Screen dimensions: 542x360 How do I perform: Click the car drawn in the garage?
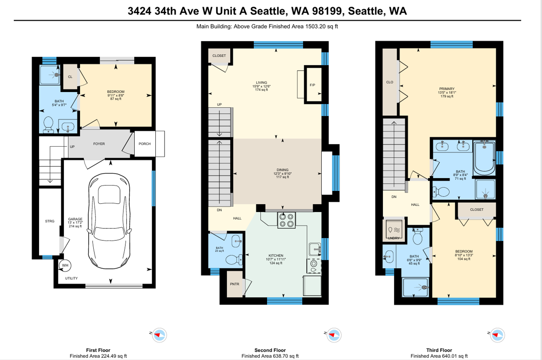pyautogui.click(x=109, y=221)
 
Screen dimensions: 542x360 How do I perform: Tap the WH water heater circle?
pyautogui.click(x=65, y=265)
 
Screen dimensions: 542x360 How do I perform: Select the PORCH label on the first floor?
pyautogui.click(x=145, y=144)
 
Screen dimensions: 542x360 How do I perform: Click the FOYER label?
pyautogui.click(x=99, y=144)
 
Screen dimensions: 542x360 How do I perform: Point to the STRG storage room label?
pyautogui.click(x=50, y=221)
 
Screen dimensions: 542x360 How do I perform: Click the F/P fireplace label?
pyautogui.click(x=312, y=85)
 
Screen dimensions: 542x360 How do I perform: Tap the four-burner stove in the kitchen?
pyautogui.click(x=286, y=220)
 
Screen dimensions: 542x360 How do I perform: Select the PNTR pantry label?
pyautogui.click(x=234, y=284)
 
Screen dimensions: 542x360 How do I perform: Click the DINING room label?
pyautogui.click(x=282, y=170)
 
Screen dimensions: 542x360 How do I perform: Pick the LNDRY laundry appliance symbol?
pyautogui.click(x=394, y=230)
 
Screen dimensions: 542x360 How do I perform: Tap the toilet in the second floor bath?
pyautogui.click(x=234, y=260)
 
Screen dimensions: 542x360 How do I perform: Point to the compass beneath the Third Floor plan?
pyautogui.click(x=497, y=335)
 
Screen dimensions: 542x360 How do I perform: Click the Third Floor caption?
pyautogui.click(x=439, y=350)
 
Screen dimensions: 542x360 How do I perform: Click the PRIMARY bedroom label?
pyautogui.click(x=447, y=89)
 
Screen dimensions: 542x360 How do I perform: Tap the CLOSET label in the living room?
pyautogui.click(x=219, y=56)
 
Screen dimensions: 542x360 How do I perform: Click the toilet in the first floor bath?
pyautogui.click(x=48, y=125)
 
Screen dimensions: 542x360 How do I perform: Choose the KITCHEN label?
pyautogui.click(x=276, y=255)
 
